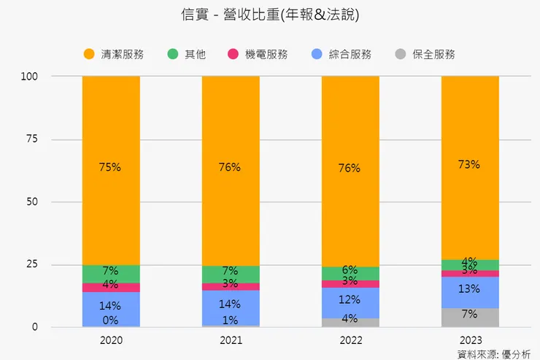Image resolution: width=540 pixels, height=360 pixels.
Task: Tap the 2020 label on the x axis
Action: coord(110,340)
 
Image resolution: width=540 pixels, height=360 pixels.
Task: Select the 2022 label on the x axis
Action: coord(350,340)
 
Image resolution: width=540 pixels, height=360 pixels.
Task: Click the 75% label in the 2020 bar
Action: coord(109,166)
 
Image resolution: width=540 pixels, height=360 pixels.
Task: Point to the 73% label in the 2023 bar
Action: coord(469,164)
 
